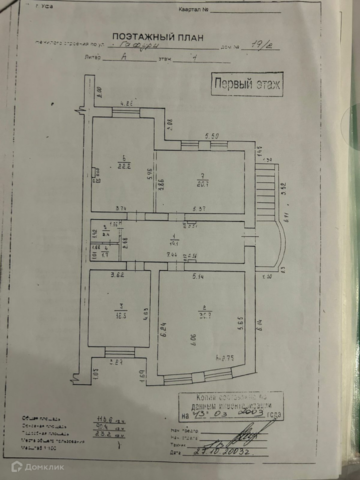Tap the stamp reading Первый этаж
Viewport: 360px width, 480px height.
(247, 84)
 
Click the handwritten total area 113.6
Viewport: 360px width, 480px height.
(106, 419)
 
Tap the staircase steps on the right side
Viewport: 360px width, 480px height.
(266, 195)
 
